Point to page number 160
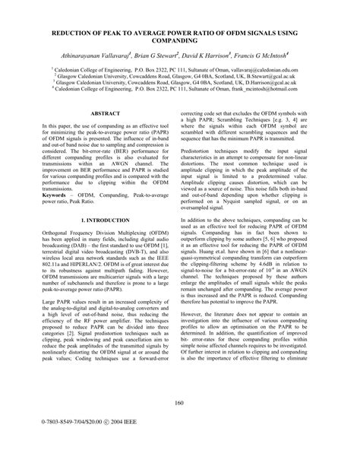click(x=180, y=424)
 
